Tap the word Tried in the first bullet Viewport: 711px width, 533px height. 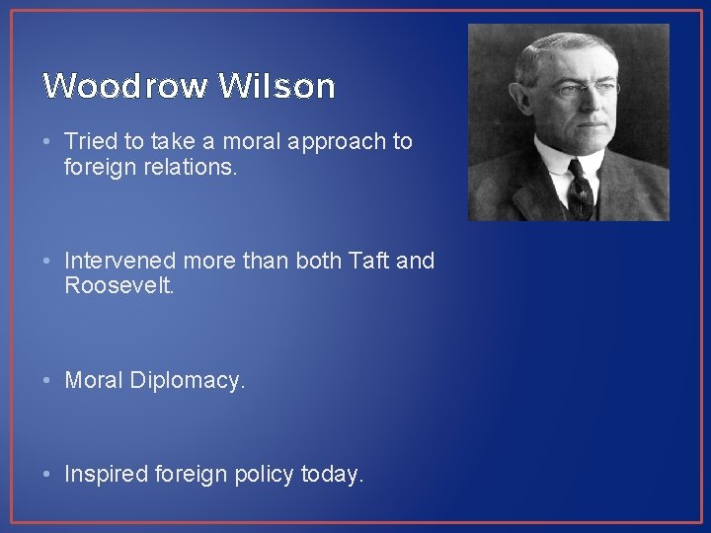coord(89,142)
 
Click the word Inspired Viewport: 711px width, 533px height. coord(106,475)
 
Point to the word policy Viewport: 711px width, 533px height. coord(265,475)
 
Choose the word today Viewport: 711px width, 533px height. coord(332,475)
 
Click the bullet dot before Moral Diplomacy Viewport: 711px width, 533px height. coord(49,380)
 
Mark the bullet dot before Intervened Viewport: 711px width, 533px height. coord(49,262)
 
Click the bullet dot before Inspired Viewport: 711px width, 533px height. coord(49,475)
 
